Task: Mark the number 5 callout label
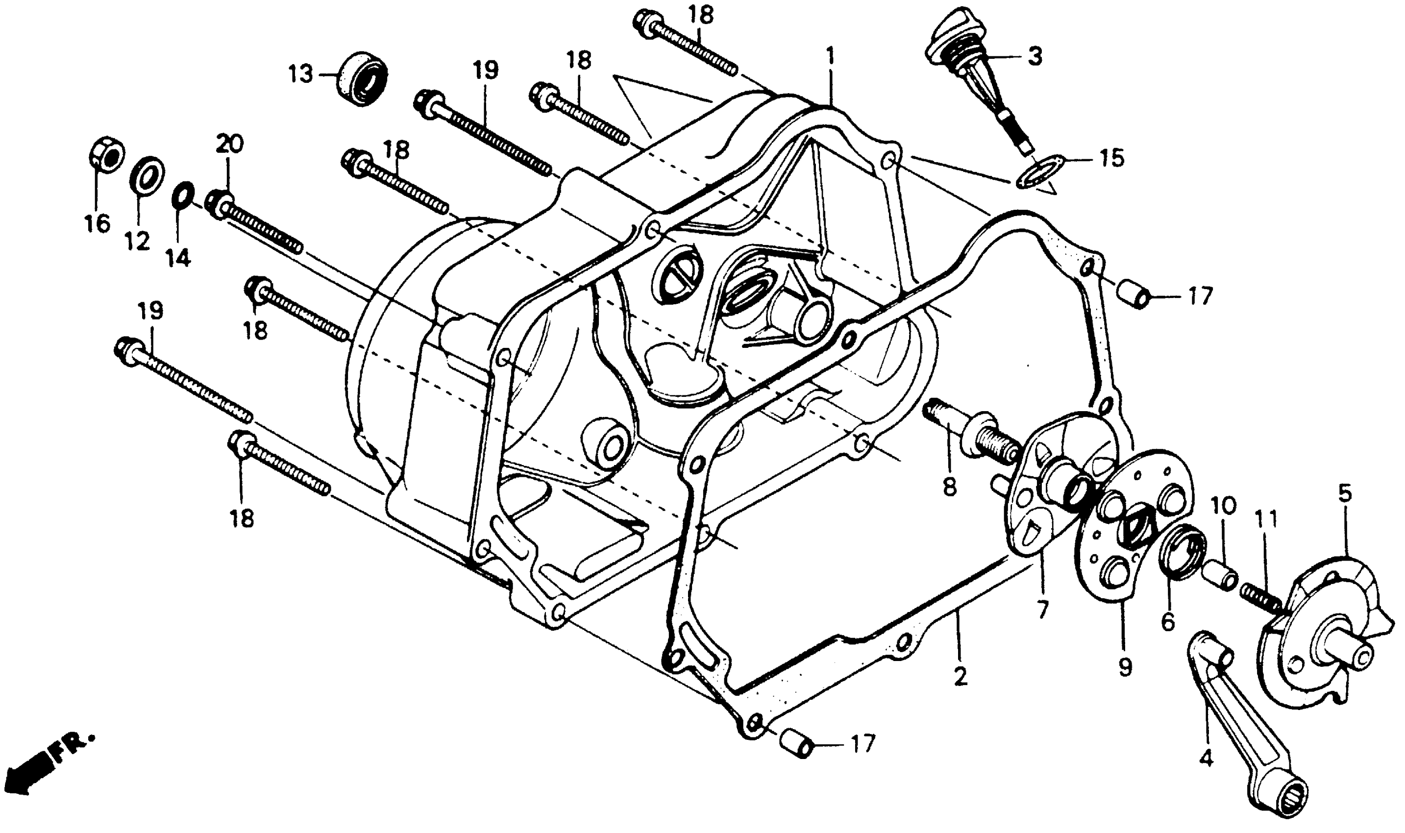click(x=1345, y=494)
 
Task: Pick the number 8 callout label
click(x=949, y=487)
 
